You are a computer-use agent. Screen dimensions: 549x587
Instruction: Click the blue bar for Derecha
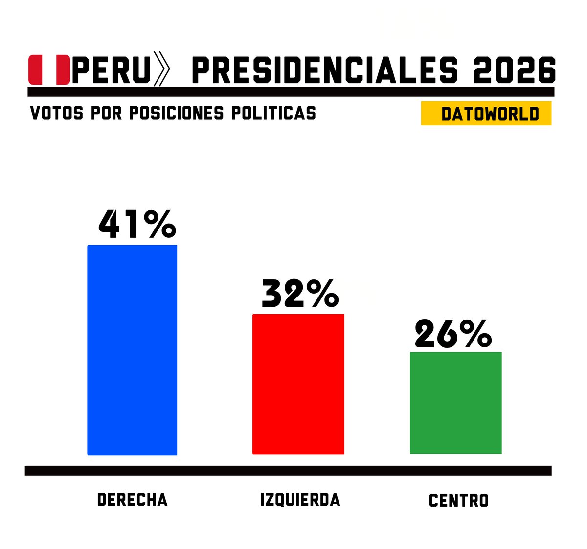pyautogui.click(x=132, y=350)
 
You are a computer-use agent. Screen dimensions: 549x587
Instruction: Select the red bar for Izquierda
pyautogui.click(x=298, y=384)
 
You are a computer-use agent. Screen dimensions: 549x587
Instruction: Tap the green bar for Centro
pyautogui.click(x=455, y=403)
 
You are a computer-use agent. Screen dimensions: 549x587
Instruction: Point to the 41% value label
pyautogui.click(x=137, y=225)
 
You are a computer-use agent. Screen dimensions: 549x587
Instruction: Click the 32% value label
pyautogui.click(x=300, y=294)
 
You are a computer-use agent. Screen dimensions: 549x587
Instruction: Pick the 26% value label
pyautogui.click(x=453, y=334)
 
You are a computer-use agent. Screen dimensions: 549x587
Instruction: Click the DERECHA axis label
pyautogui.click(x=132, y=500)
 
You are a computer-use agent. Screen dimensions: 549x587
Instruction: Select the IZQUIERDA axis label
pyautogui.click(x=300, y=500)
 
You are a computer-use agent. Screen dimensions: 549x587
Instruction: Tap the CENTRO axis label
pyautogui.click(x=458, y=501)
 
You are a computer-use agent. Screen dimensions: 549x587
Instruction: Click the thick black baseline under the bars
pyautogui.click(x=288, y=471)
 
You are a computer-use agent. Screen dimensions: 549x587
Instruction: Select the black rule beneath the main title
pyautogui.click(x=291, y=92)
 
